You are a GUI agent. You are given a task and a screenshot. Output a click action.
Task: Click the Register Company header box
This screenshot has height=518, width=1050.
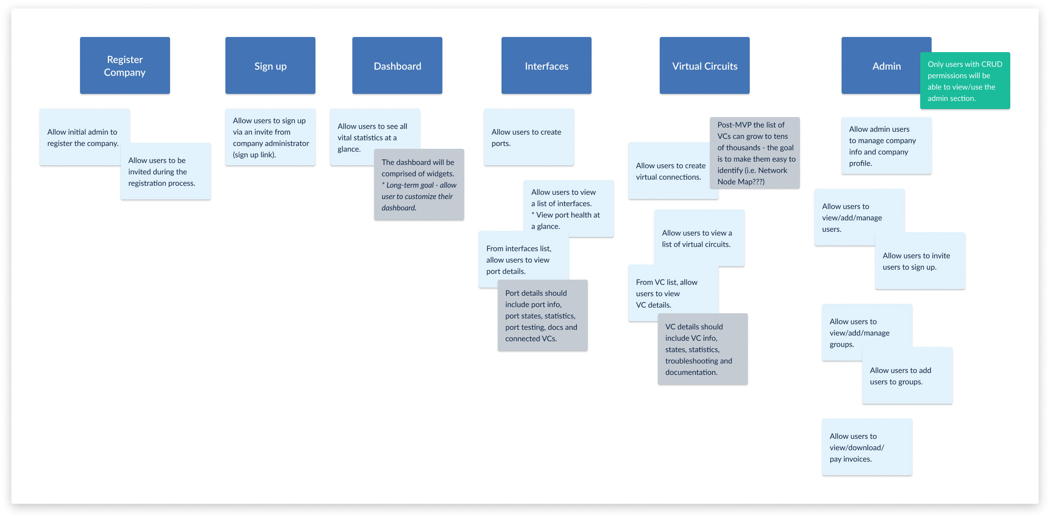(125, 65)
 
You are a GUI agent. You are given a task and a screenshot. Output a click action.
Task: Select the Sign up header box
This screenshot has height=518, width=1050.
(270, 65)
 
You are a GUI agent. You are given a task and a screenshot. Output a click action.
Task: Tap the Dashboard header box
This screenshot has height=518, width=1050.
(397, 65)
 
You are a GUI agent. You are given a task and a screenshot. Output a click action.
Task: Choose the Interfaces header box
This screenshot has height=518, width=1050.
(546, 65)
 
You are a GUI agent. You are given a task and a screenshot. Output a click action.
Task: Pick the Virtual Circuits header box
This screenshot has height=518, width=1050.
(704, 65)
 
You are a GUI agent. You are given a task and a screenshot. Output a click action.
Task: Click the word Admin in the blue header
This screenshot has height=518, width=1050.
(887, 66)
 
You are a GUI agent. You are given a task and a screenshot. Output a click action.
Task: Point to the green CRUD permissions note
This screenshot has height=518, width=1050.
(965, 81)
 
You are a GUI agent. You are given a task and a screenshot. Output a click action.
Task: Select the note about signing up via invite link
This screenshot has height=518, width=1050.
(270, 137)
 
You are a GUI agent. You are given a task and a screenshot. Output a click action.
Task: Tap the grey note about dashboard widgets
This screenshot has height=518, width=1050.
(419, 184)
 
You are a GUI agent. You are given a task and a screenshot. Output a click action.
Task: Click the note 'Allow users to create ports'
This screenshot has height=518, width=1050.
(529, 137)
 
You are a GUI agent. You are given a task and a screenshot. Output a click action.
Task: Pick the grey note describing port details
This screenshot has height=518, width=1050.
(542, 315)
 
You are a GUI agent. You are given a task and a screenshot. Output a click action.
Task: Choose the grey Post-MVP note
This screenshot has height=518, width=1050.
(754, 153)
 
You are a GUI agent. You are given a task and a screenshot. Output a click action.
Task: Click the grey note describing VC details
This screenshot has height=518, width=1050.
(702, 349)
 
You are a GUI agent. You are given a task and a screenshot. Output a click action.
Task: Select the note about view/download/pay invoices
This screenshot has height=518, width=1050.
(867, 447)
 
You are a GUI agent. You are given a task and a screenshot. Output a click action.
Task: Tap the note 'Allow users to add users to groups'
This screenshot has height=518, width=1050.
(907, 375)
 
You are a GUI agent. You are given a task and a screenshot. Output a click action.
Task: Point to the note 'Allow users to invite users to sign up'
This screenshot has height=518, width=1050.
(920, 261)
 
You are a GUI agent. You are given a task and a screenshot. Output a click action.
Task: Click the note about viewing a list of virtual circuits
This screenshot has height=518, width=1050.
(699, 238)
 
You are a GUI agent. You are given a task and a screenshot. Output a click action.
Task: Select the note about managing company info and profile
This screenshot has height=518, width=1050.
(886, 145)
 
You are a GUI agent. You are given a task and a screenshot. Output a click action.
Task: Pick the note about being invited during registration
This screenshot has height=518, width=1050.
(165, 171)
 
